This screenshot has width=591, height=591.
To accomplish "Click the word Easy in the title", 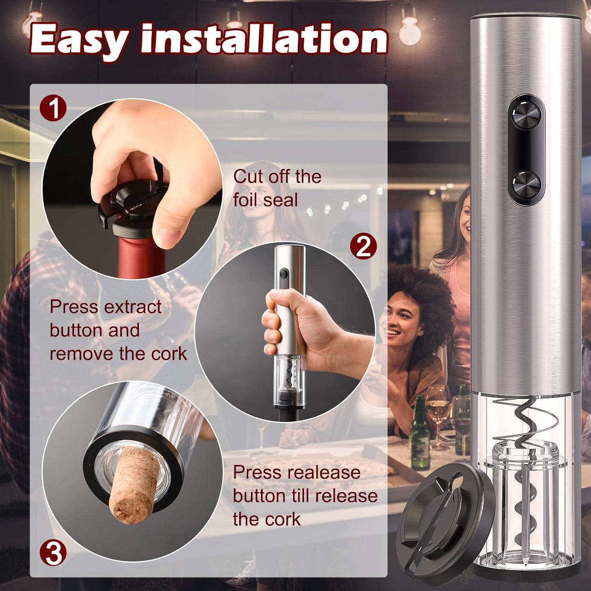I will pos(79,39).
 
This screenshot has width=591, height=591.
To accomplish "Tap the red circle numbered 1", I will pos(54,109).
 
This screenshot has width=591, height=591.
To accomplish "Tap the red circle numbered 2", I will pos(363,247).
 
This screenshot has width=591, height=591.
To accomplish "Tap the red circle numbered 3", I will pos(54,553).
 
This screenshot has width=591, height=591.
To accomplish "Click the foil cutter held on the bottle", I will pos(130,205).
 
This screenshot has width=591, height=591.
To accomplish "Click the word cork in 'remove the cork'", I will pos(170,354).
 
